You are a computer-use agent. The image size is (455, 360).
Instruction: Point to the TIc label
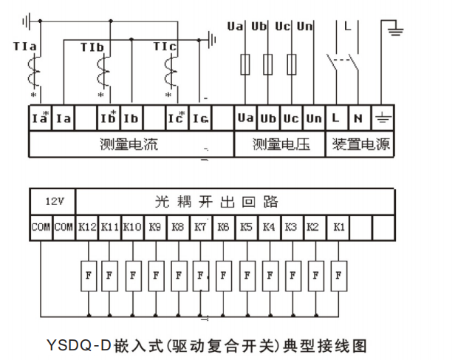[x=164, y=47]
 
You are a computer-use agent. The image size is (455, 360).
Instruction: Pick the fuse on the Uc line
[x=291, y=63]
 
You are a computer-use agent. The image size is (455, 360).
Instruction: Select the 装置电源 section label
[x=360, y=144]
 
